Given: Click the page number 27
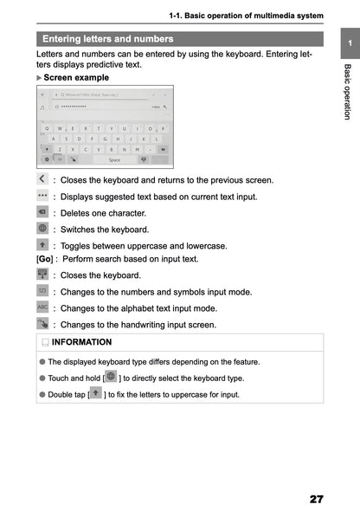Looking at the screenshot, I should [315, 499].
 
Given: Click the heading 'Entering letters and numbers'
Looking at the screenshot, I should [107, 39].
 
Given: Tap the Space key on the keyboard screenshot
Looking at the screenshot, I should [114, 159].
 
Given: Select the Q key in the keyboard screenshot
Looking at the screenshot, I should [48, 128].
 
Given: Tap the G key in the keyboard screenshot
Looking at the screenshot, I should [106, 139].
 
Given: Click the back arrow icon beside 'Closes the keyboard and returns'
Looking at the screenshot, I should [42, 179].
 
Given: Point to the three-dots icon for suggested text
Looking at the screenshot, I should [42, 197].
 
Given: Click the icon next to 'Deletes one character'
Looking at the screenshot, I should [42, 212].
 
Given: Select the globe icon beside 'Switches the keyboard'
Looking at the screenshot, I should [42, 229].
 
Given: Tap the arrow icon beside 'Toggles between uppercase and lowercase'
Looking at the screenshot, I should [42, 245].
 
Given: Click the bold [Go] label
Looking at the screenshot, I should [45, 259].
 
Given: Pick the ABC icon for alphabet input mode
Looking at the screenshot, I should [42, 307].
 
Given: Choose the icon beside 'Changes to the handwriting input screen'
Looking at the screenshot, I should [42, 324].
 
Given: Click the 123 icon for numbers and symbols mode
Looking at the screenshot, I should [42, 291].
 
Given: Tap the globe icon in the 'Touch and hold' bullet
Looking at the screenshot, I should [111, 376].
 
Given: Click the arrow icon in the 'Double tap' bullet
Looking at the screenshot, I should [95, 393].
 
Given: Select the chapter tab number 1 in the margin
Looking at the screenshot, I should [347, 42].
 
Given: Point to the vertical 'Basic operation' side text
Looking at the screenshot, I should [347, 91].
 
